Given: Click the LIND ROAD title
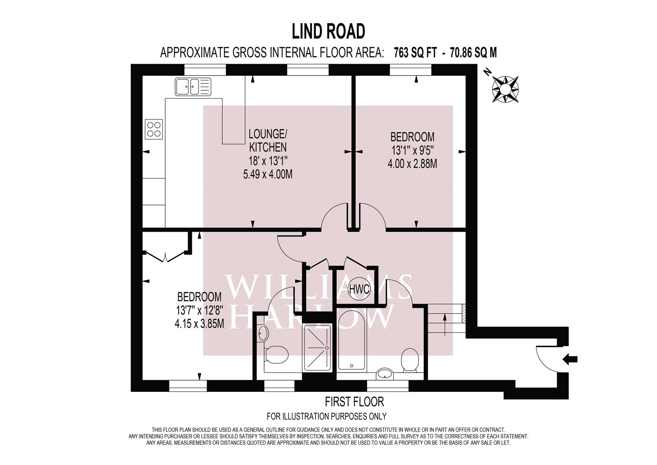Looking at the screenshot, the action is tap(329, 31).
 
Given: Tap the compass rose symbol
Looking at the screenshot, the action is tap(505, 89).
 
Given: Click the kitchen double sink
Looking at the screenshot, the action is tap(193, 87).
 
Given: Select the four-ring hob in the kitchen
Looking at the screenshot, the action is tap(154, 129).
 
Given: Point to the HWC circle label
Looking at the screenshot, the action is tap(359, 289).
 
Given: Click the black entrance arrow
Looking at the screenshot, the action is tap(570, 359).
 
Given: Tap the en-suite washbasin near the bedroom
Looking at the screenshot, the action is tap(262, 334).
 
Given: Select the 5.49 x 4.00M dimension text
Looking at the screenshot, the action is tap(268, 174).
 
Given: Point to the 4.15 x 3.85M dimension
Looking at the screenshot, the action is tap(200, 324).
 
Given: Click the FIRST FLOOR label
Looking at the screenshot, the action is tap(354, 402).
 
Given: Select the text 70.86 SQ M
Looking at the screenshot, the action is tap(473, 53).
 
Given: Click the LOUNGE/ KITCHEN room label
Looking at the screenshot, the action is tap(268, 140).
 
